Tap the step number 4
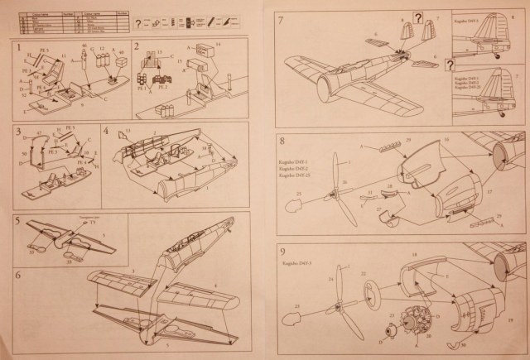[x=107, y=130]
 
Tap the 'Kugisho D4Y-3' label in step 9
[x=309, y=263]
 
